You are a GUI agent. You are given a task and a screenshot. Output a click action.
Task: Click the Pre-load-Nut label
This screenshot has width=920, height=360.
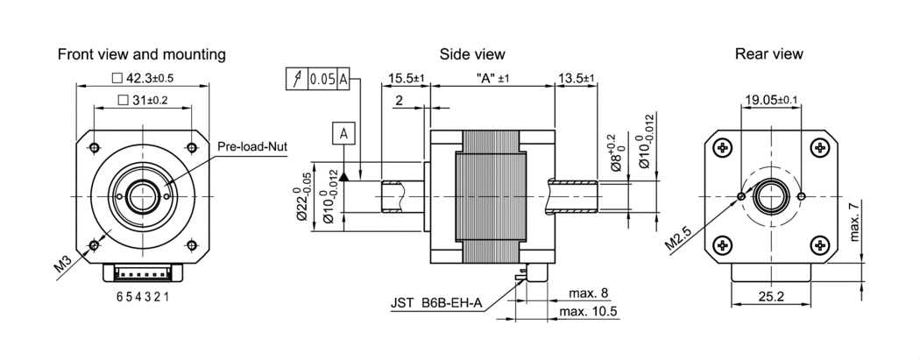(x=252, y=146)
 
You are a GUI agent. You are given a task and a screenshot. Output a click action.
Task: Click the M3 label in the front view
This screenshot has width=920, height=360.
(x=64, y=265)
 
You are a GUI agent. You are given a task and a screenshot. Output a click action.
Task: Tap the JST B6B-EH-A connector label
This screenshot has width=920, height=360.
(x=436, y=304)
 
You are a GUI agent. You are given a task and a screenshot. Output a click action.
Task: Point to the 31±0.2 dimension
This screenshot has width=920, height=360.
(x=143, y=100)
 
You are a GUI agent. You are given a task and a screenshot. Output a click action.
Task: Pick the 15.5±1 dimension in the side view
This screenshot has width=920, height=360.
(x=406, y=78)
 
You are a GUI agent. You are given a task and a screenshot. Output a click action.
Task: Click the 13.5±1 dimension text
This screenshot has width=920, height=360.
(x=577, y=78)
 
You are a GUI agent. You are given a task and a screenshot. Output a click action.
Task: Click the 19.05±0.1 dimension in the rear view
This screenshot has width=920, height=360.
(x=771, y=100)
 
